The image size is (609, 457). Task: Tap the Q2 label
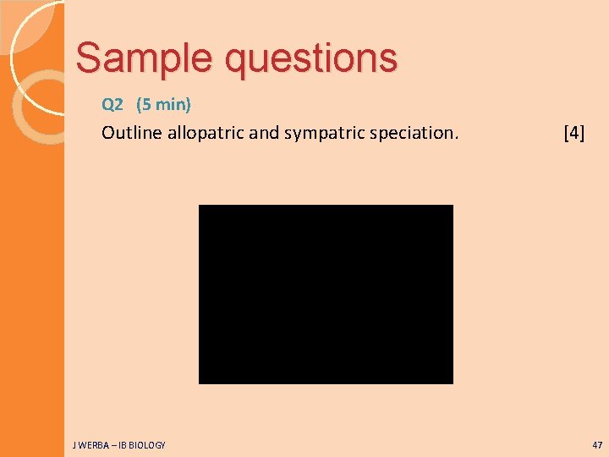coord(112,105)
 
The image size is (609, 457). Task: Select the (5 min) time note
coord(163,105)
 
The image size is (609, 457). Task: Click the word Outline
coord(129,133)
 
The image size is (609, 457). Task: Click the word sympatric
coord(319,133)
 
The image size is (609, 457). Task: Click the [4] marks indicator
coord(573,133)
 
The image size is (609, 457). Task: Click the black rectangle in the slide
coord(326,294)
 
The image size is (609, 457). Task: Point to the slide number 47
coord(597,444)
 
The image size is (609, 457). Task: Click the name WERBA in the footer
coord(92,445)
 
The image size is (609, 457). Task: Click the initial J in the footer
coord(74,445)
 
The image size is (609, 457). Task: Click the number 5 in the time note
coord(145,105)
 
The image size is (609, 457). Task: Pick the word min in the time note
coord(170,105)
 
